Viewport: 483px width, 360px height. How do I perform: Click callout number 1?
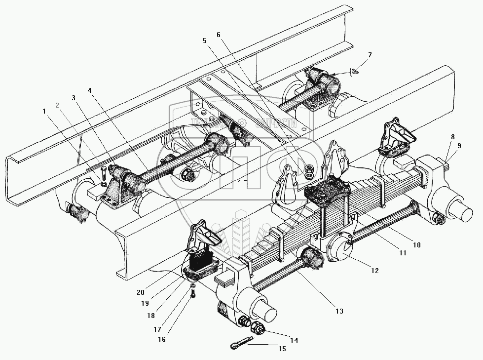point(45,112)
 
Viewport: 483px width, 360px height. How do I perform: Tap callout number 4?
point(89,91)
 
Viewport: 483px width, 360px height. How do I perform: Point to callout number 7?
point(370,55)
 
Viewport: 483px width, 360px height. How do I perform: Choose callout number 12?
point(375,270)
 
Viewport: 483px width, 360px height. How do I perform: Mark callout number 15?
point(282,349)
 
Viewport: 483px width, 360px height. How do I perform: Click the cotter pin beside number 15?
point(242,342)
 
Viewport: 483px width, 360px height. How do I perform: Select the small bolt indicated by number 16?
point(193,295)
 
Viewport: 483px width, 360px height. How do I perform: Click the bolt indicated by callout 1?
point(102,172)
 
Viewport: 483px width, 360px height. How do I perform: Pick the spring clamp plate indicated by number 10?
point(326,193)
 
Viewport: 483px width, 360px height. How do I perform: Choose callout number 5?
point(205,41)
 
